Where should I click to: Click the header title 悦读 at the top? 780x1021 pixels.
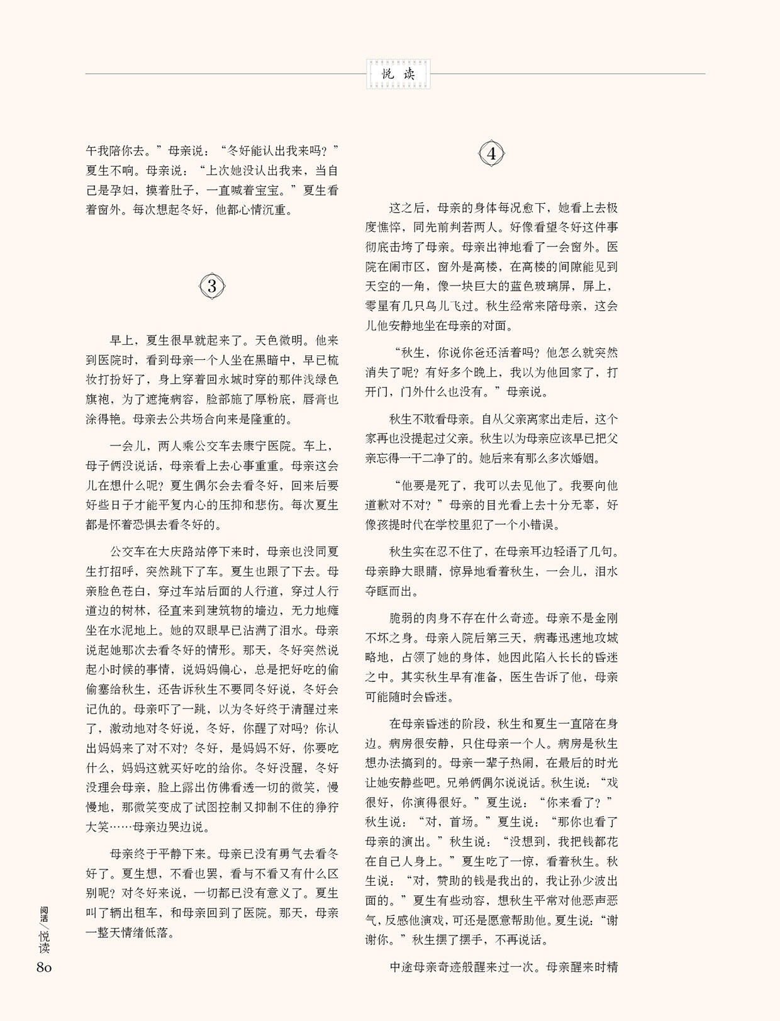[398, 74]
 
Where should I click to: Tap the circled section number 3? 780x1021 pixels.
[212, 287]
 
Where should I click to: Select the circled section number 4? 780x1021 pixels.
[491, 154]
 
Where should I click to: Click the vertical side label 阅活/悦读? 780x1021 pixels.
[43, 930]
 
